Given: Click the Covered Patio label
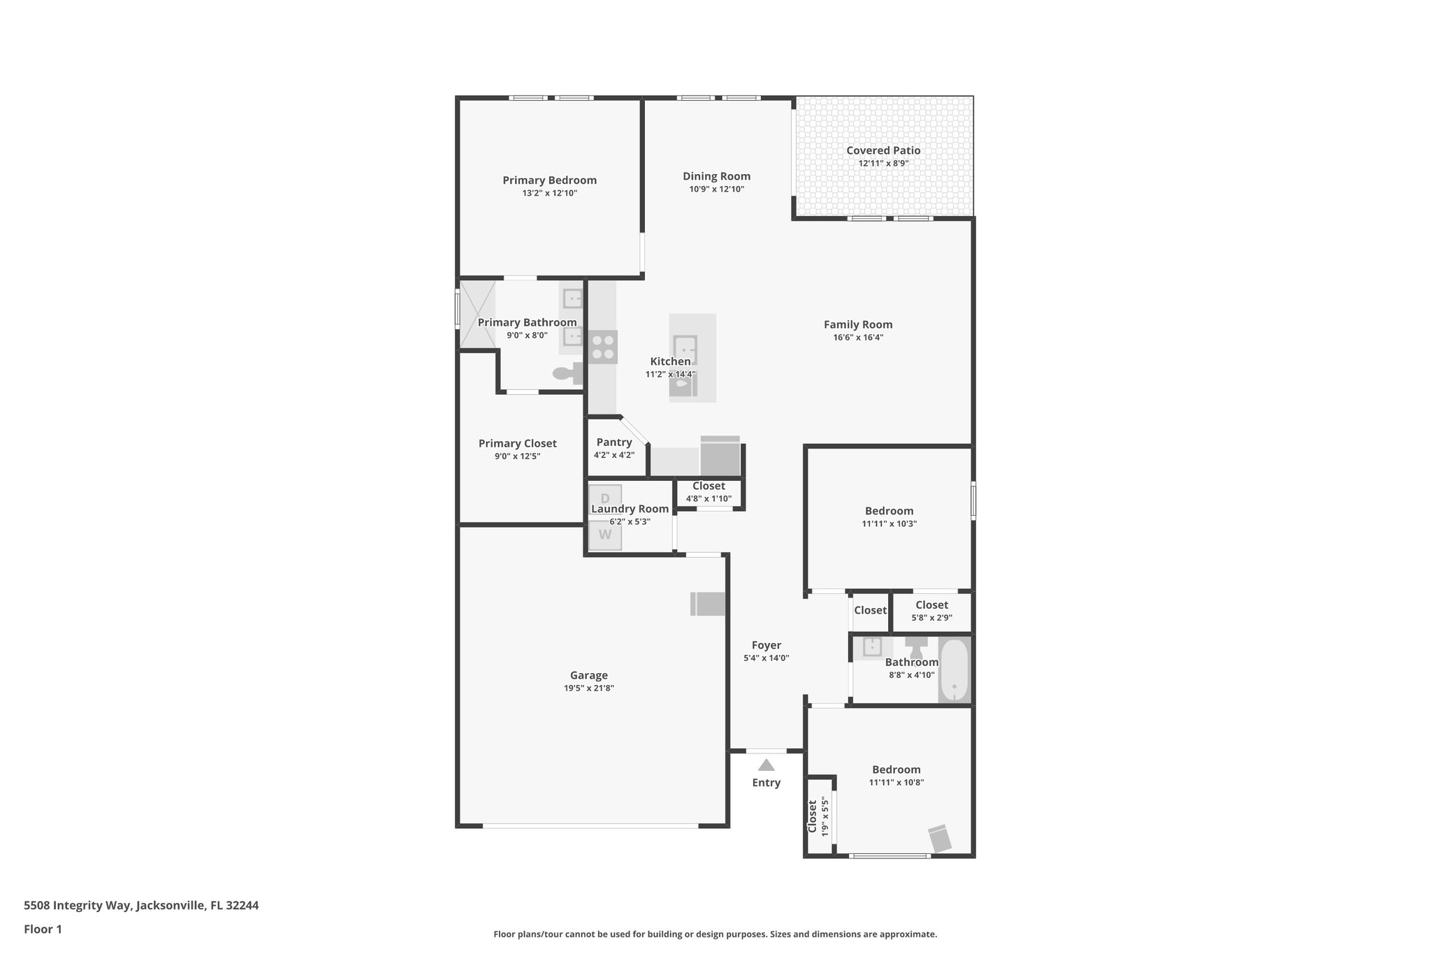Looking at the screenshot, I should pyautogui.click(x=883, y=150).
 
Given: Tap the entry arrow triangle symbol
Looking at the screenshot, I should pyautogui.click(x=766, y=765).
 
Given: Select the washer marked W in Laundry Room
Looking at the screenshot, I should pyautogui.click(x=604, y=535).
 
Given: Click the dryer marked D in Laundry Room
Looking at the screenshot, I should pyautogui.click(x=605, y=497).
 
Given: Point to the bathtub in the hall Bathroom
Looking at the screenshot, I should pyautogui.click(x=954, y=670).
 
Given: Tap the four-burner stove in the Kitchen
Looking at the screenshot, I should pyautogui.click(x=602, y=347).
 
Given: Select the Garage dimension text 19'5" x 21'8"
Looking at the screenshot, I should pyautogui.click(x=589, y=688).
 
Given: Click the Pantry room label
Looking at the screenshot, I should pyautogui.click(x=614, y=442).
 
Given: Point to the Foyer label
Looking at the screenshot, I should pyautogui.click(x=766, y=645).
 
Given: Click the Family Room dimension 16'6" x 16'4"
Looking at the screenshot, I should pyautogui.click(x=858, y=338).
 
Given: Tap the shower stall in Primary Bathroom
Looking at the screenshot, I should pyautogui.click(x=477, y=313).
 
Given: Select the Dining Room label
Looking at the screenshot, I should pyautogui.click(x=716, y=176).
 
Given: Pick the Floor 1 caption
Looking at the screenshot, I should pyautogui.click(x=43, y=930).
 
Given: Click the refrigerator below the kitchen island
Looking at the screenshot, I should pyautogui.click(x=720, y=456).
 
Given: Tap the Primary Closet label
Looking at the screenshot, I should pyautogui.click(x=517, y=443).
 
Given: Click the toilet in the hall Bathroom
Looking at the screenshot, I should pyautogui.click(x=915, y=646).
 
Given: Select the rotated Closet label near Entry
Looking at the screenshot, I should pyautogui.click(x=813, y=816).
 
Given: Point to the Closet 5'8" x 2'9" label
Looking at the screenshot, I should pyautogui.click(x=931, y=605).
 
